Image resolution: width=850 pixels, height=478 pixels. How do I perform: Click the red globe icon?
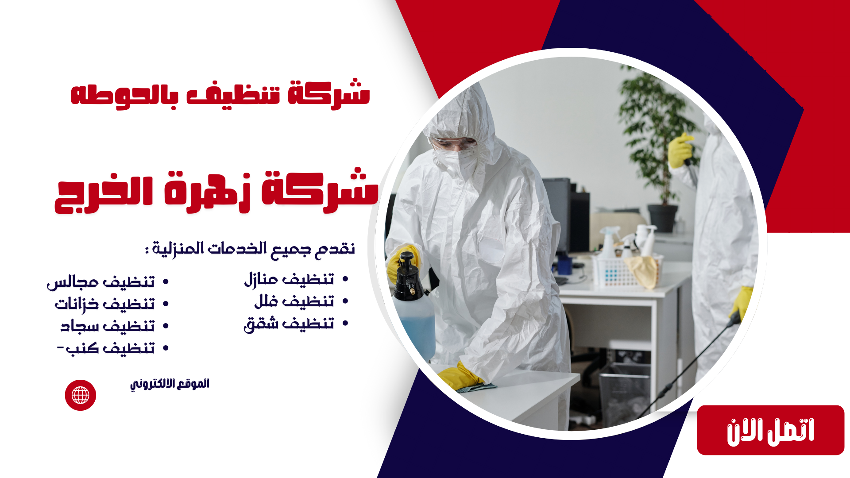tap(81, 395)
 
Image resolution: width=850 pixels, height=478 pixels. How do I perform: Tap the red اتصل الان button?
tap(770, 430)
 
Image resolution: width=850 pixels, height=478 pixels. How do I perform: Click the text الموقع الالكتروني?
tap(170, 384)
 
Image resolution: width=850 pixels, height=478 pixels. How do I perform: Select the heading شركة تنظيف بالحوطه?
tap(220, 94)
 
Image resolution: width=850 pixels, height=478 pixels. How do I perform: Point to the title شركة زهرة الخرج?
tap(217, 191)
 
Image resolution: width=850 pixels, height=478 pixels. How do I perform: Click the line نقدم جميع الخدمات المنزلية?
tap(250, 249)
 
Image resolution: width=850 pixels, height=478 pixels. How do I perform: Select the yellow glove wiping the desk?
tap(460, 377)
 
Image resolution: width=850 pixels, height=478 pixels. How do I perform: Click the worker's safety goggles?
tap(454, 143)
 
